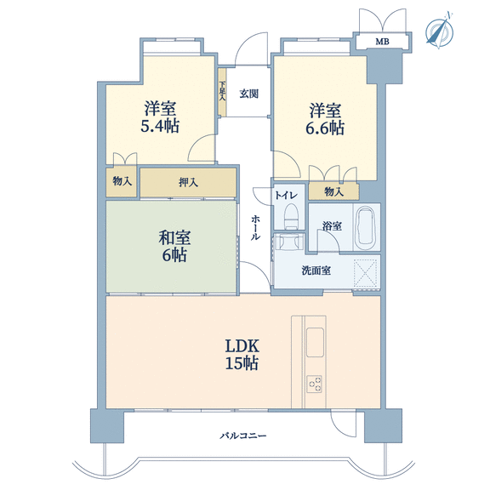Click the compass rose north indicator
tap(440, 31)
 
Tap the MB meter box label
tap(382, 42)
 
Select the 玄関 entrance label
tap(248, 94)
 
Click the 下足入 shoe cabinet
tap(222, 92)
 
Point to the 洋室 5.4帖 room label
tap(160, 117)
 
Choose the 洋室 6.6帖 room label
tap(325, 119)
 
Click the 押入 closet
tap(188, 183)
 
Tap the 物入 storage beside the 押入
tap(122, 181)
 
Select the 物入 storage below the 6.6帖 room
tap(333, 191)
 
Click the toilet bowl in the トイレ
tap(291, 216)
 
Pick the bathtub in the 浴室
tap(365, 226)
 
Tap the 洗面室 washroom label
tap(316, 271)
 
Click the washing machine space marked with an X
tap(365, 273)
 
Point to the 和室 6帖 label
tap(174, 246)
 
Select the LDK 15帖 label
tap(242, 355)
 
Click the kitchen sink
tap(315, 342)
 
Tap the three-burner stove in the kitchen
tap(315, 385)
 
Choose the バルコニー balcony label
tap(242, 436)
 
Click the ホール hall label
tap(255, 228)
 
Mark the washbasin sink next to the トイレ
tap(289, 242)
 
